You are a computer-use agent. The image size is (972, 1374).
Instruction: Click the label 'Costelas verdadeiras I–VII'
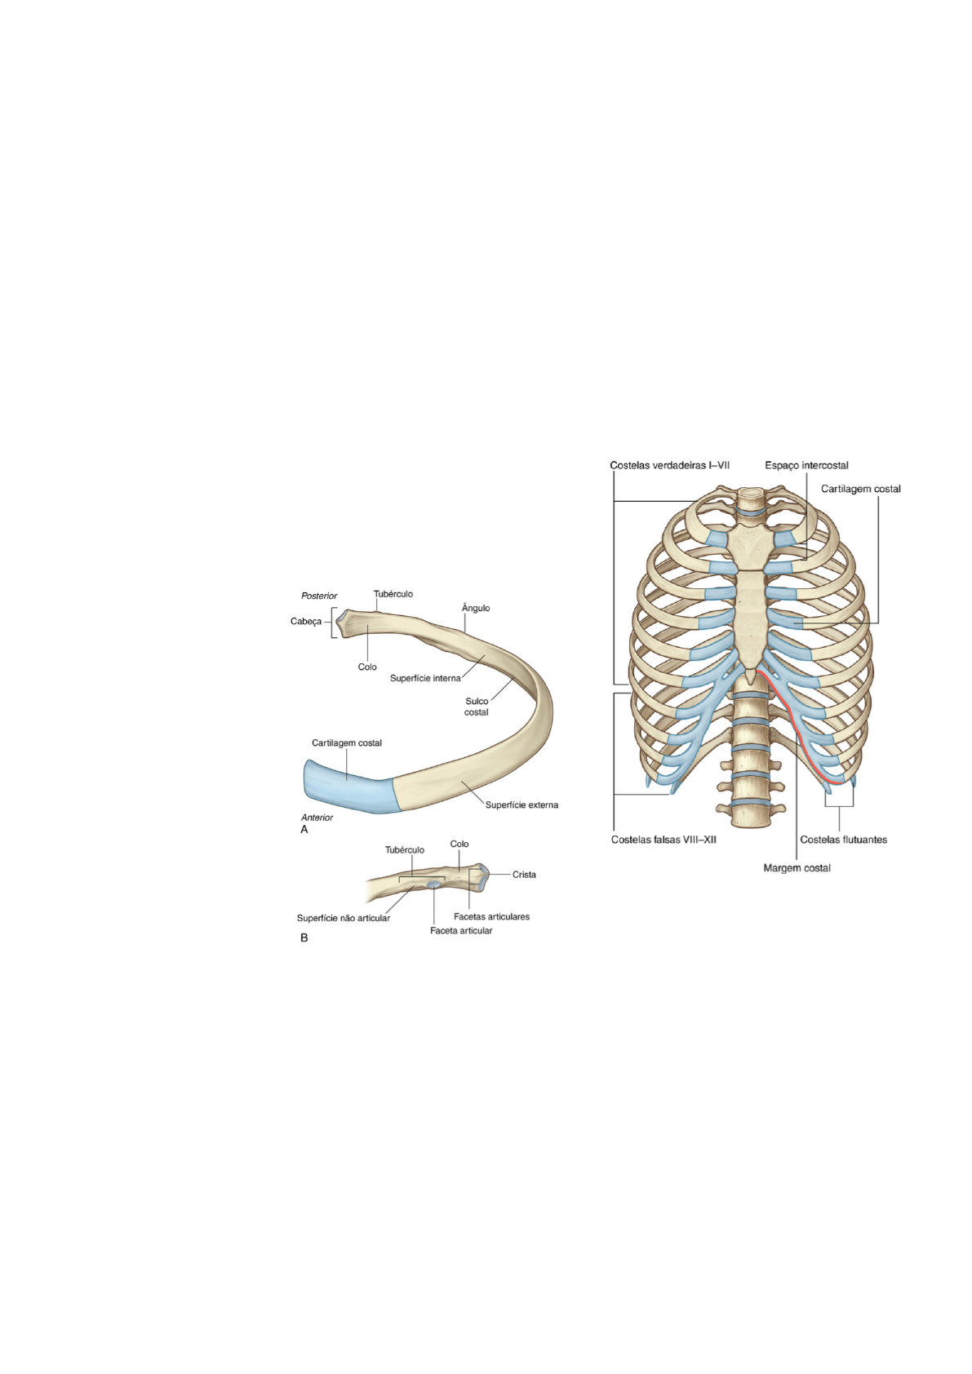pyautogui.click(x=669, y=466)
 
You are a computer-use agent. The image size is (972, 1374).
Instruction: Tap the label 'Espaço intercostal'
pyautogui.click(x=806, y=466)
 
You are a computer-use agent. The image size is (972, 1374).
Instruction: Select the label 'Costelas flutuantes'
pyautogui.click(x=843, y=840)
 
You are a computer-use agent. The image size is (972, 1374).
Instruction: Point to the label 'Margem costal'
pyautogui.click(x=797, y=868)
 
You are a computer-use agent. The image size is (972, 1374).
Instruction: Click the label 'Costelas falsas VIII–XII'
pyautogui.click(x=664, y=840)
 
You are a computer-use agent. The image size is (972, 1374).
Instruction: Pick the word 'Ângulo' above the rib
pyautogui.click(x=476, y=609)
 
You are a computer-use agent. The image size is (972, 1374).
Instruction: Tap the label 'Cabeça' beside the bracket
pyautogui.click(x=306, y=622)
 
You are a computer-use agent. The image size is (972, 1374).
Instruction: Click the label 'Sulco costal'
pyautogui.click(x=477, y=707)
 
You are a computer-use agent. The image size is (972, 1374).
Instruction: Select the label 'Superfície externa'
pyautogui.click(x=522, y=805)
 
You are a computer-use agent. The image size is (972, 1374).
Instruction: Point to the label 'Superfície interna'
pyautogui.click(x=425, y=679)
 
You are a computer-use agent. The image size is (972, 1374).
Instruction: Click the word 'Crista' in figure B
pyautogui.click(x=524, y=875)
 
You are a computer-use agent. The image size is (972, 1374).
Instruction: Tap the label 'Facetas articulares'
pyautogui.click(x=491, y=917)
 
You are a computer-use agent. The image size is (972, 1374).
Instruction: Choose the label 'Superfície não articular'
pyautogui.click(x=344, y=919)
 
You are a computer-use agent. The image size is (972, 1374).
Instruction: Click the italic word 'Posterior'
pyautogui.click(x=319, y=596)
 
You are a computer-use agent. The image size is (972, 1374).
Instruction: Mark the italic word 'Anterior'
pyautogui.click(x=317, y=818)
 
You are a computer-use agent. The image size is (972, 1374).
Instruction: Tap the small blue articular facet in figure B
pyautogui.click(x=433, y=884)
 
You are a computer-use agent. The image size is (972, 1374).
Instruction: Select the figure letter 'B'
pyautogui.click(x=304, y=938)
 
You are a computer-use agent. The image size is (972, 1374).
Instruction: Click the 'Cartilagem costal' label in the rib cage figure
pyautogui.click(x=860, y=490)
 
